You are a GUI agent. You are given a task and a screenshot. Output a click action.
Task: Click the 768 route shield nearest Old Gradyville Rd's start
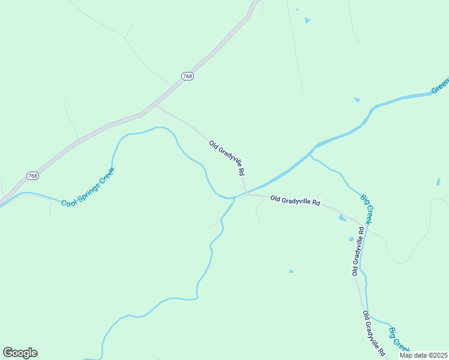tap(188, 76)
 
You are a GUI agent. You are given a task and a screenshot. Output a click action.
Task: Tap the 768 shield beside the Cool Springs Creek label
tap(32, 175)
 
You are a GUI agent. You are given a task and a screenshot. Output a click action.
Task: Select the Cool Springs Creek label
tap(88, 187)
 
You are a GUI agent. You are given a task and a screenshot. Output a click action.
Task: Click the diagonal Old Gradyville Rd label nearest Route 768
tap(227, 158)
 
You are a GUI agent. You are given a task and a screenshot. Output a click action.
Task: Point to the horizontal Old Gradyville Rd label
tap(295, 200)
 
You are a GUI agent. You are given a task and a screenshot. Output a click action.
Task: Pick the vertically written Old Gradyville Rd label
tap(358, 251)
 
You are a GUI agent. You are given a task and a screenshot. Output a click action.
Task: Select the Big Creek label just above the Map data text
tap(399, 340)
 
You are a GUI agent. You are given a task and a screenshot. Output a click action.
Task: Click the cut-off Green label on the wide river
tap(440, 88)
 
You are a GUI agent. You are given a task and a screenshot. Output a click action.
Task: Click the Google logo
tap(20, 353)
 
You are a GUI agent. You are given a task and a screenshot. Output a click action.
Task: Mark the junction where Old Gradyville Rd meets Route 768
tap(155, 106)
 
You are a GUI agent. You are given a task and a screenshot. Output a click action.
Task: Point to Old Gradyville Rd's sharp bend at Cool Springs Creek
tap(246, 194)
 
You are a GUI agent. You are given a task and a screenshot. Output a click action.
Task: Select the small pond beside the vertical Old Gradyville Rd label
tap(351, 239)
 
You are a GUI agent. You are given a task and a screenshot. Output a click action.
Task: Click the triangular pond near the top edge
tap(307, 20)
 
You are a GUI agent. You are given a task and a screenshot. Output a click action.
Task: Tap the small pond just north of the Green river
tap(357, 99)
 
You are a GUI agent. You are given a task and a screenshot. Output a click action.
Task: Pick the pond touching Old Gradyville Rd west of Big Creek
tap(342, 218)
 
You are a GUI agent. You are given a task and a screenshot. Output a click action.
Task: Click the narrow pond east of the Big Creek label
tap(438, 182)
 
